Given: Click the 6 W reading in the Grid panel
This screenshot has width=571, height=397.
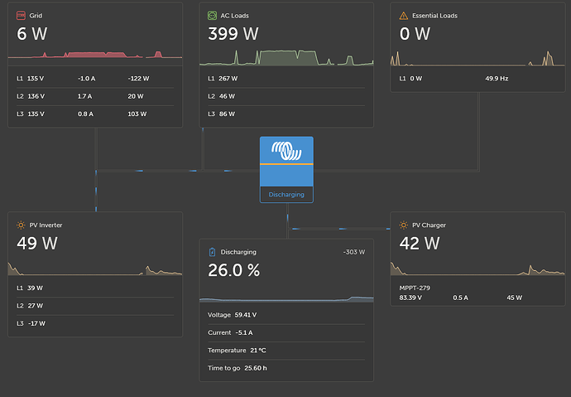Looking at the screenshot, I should click(x=33, y=34).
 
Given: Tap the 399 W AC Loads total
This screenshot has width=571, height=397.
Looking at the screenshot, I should click(x=233, y=34).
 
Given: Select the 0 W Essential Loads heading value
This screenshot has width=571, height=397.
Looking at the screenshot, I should click(x=415, y=34).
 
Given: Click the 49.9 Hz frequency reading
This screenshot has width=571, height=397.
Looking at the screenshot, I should click(x=498, y=79).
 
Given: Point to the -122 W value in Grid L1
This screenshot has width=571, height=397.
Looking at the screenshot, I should click(x=139, y=79).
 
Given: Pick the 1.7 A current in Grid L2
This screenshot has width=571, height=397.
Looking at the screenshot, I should click(x=84, y=96).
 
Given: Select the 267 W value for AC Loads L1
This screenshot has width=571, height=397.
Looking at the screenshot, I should click(x=228, y=79).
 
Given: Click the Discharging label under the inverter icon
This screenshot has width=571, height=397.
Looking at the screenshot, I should click(x=286, y=195).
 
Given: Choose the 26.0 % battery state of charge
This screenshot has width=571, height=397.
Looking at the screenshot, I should click(x=234, y=270).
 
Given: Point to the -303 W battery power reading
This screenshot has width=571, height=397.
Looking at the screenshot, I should click(x=353, y=252).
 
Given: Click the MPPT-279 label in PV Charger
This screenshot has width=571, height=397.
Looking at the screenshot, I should click(x=415, y=288).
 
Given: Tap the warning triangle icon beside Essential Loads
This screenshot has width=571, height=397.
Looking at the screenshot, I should click(x=403, y=15).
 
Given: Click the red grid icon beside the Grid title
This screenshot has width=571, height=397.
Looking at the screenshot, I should click(x=21, y=15).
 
